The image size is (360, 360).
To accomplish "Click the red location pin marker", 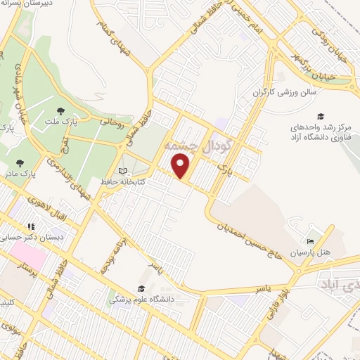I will [181, 166].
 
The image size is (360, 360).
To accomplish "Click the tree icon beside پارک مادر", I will [18, 164].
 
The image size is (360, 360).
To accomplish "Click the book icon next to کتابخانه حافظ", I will [122, 171].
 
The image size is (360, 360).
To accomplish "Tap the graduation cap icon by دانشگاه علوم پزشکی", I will [141, 288].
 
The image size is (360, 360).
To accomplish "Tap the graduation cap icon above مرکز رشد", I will [321, 116].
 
